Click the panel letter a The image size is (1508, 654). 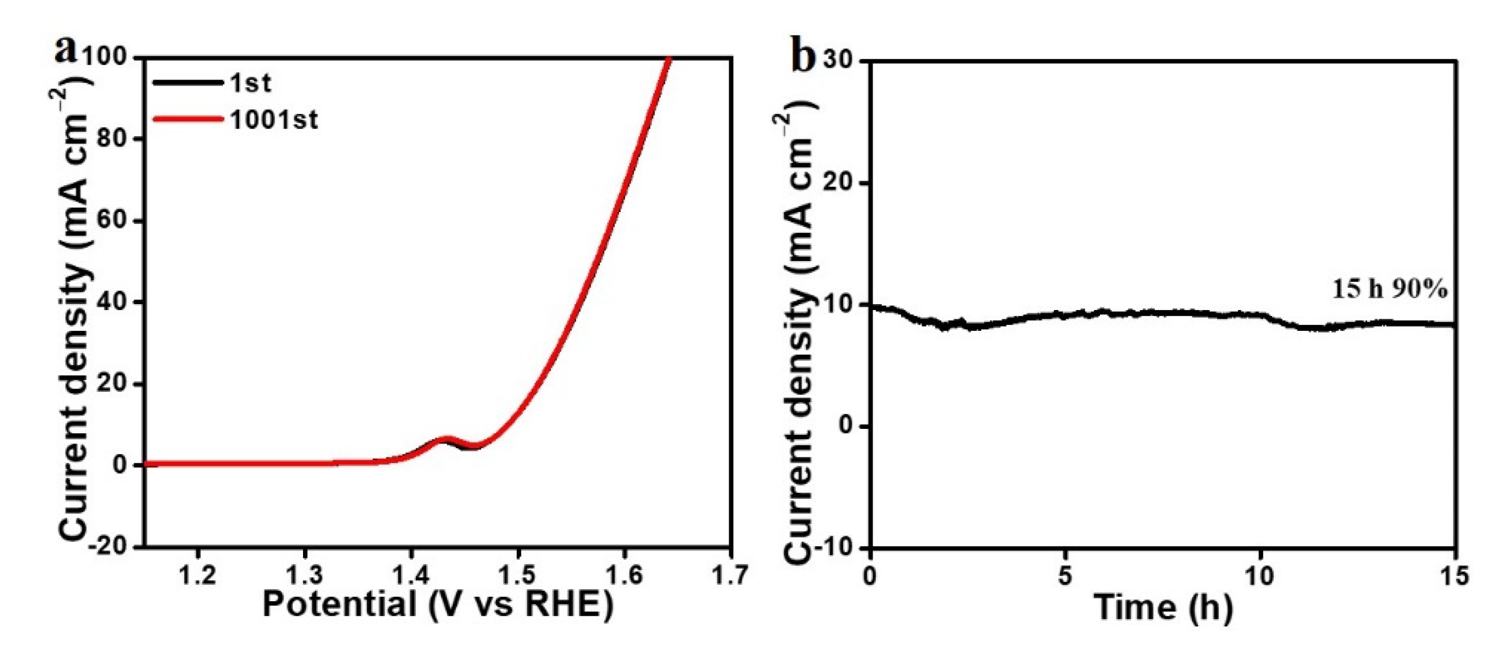pos(65,50)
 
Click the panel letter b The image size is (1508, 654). pos(803,57)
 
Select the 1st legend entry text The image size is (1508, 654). pos(251,83)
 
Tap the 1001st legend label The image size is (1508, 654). pos(274,120)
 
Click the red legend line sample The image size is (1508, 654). pos(188,120)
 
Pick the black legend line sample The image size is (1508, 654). pos(188,83)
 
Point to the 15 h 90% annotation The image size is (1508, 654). pos(1389,289)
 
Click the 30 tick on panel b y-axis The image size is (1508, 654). pos(838,61)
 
